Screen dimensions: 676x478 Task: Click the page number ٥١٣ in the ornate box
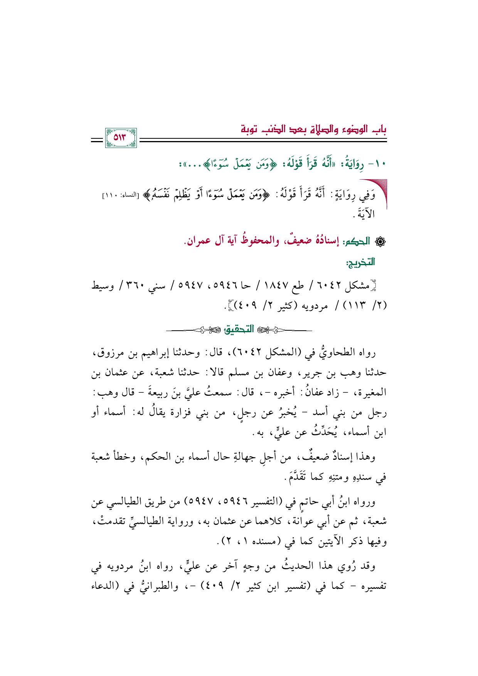120,138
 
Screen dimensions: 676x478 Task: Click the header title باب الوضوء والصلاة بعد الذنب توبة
313,129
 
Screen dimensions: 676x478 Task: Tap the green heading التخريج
360,263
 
